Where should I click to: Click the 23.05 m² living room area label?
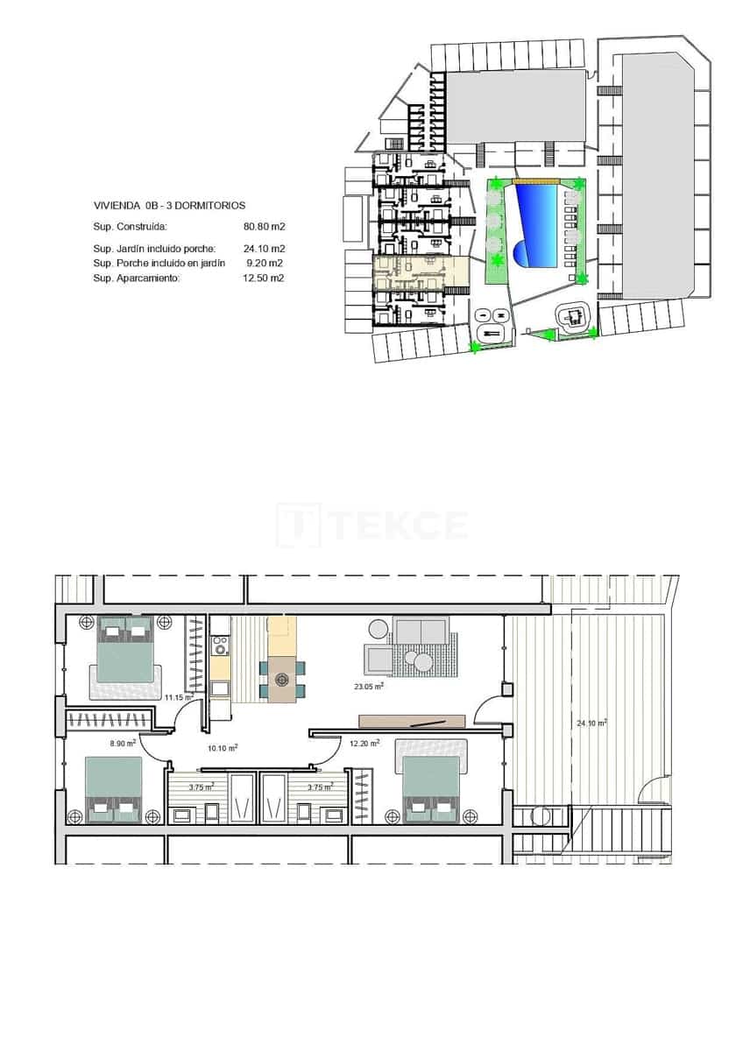[369, 688]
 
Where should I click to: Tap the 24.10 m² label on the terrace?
[592, 723]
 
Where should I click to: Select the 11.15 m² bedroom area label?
[179, 697]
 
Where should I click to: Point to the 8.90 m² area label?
[123, 743]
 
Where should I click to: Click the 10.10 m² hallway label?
[223, 748]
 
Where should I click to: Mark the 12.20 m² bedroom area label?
[364, 744]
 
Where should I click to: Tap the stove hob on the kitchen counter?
[220, 646]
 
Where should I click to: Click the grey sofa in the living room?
[422, 631]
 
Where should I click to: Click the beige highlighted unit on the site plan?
[421, 272]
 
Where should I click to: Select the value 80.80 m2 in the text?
[265, 226]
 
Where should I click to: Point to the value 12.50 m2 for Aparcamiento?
[265, 278]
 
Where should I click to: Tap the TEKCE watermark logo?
[371, 525]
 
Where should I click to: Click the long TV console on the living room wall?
[412, 721]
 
